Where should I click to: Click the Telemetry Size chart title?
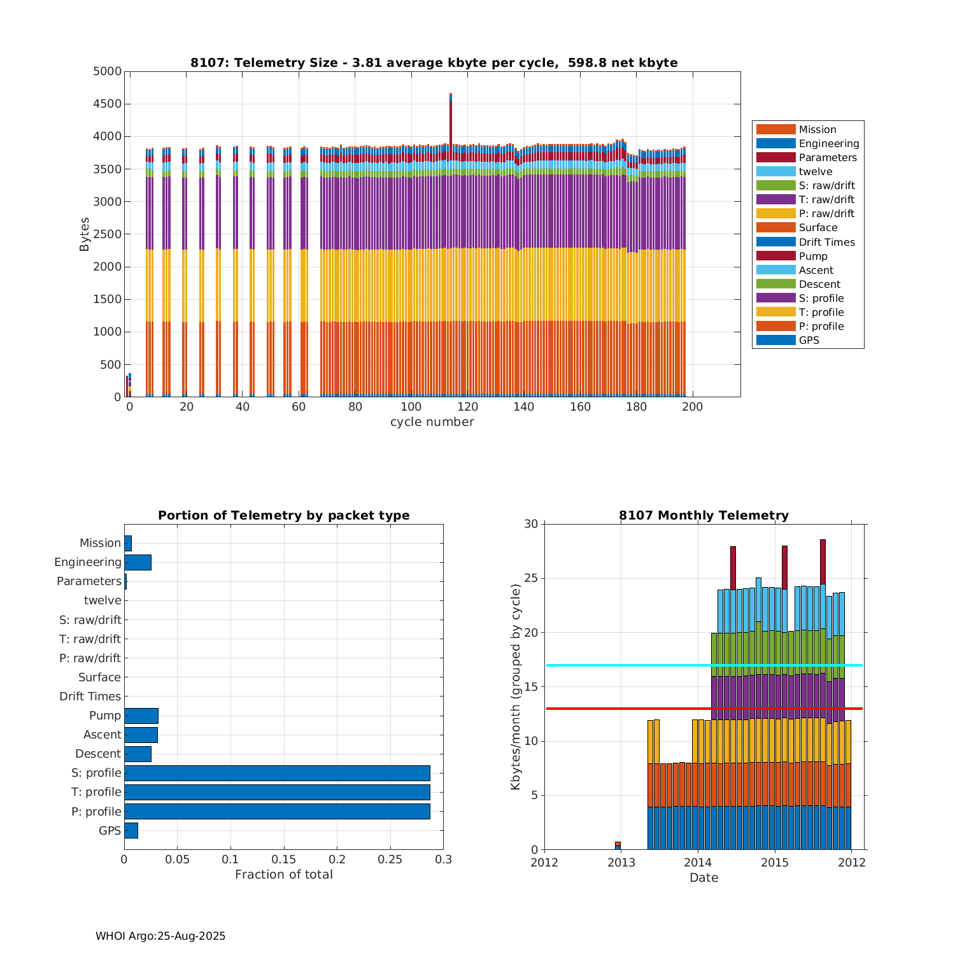point(434,62)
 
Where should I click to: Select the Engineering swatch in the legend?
point(775,144)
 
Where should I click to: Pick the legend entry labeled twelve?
point(815,172)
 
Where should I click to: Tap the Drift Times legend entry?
point(826,242)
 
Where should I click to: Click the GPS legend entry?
point(809,341)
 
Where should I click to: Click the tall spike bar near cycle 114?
point(451,121)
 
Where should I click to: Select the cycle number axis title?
point(432,422)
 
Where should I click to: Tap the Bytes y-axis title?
point(85,234)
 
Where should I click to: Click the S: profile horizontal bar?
point(277,773)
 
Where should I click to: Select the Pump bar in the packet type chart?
point(141,716)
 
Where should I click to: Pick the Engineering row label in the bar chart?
point(87,562)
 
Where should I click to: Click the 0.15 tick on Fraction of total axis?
point(284,860)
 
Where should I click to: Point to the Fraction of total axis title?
point(283,875)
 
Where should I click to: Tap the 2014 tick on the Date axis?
point(698,863)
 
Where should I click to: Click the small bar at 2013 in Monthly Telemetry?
point(618,845)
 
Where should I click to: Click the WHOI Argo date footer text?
point(160,936)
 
